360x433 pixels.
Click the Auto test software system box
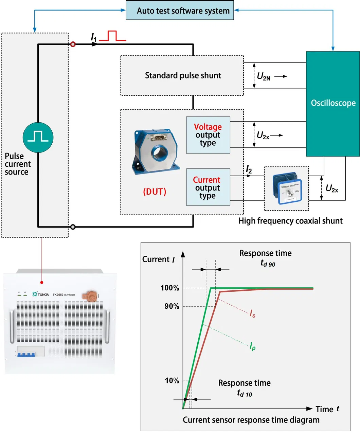(180, 11)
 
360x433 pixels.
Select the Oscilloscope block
(332, 103)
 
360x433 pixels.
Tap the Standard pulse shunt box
(182, 75)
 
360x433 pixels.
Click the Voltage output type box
(208, 135)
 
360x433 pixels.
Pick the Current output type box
(208, 187)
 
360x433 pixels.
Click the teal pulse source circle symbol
(38, 137)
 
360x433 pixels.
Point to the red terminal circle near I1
(73, 44)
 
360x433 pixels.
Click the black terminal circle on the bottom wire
(73, 227)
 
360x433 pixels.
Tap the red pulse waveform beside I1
(112, 36)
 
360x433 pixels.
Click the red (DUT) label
(155, 192)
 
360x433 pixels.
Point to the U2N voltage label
(264, 76)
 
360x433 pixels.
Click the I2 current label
(249, 169)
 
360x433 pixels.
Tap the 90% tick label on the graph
(172, 306)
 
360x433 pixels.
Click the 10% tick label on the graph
(172, 381)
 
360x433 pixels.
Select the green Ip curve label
(252, 346)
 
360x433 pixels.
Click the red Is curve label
(252, 313)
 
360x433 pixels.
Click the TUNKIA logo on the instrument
(41, 294)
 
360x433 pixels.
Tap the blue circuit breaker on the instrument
(26, 355)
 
